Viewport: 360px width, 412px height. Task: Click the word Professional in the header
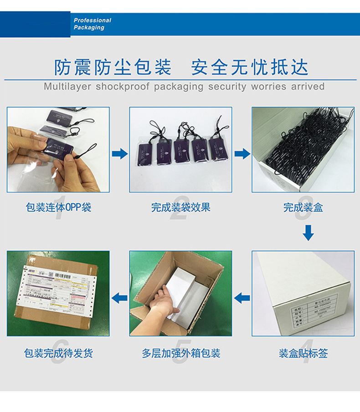pos(93,20)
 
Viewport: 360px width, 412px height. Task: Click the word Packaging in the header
pos(89,28)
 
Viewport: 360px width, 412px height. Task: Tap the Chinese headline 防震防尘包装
pos(113,67)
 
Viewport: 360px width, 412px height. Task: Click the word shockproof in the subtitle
pos(123,86)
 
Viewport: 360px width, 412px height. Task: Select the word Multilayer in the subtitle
pos(67,86)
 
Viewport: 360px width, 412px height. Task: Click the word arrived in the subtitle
pos(308,86)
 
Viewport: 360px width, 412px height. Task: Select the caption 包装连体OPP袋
pos(58,208)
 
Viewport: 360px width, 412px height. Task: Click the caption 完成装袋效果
pos(180,208)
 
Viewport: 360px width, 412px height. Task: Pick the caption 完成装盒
pos(303,208)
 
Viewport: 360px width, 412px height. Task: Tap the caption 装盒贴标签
pos(303,353)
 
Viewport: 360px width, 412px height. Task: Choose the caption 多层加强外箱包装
pos(180,353)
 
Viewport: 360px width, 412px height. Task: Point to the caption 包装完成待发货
pos(58,353)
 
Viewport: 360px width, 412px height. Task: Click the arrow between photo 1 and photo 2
pos(120,153)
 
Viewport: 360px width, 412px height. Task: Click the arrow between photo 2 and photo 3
pos(242,153)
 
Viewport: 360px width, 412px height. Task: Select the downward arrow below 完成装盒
pos(309,232)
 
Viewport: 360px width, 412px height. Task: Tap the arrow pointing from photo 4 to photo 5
pos(242,298)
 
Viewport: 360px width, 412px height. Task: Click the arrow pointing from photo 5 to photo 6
pos(120,298)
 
